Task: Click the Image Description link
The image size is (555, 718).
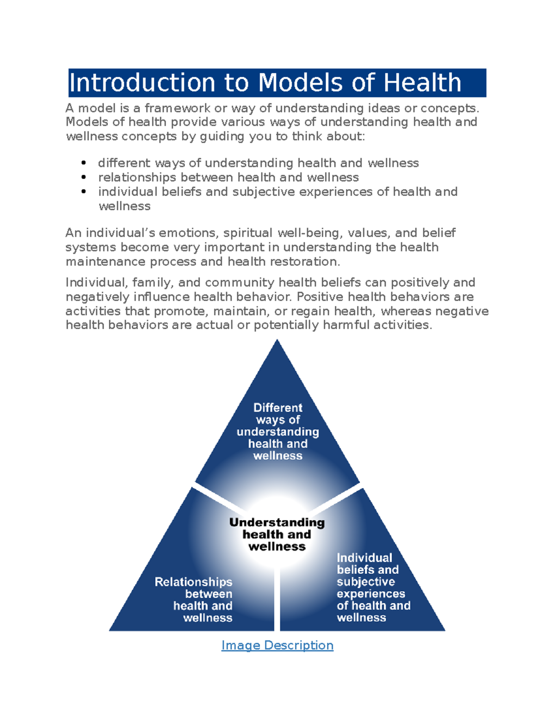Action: click(277, 645)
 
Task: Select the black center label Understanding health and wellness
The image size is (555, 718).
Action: click(277, 534)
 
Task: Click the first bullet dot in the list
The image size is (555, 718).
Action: click(84, 163)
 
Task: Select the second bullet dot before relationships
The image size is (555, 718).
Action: click(84, 177)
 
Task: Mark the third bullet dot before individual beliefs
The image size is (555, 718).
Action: click(84, 191)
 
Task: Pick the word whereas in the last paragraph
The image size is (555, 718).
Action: click(406, 311)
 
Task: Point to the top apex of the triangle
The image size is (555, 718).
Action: click(277, 341)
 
